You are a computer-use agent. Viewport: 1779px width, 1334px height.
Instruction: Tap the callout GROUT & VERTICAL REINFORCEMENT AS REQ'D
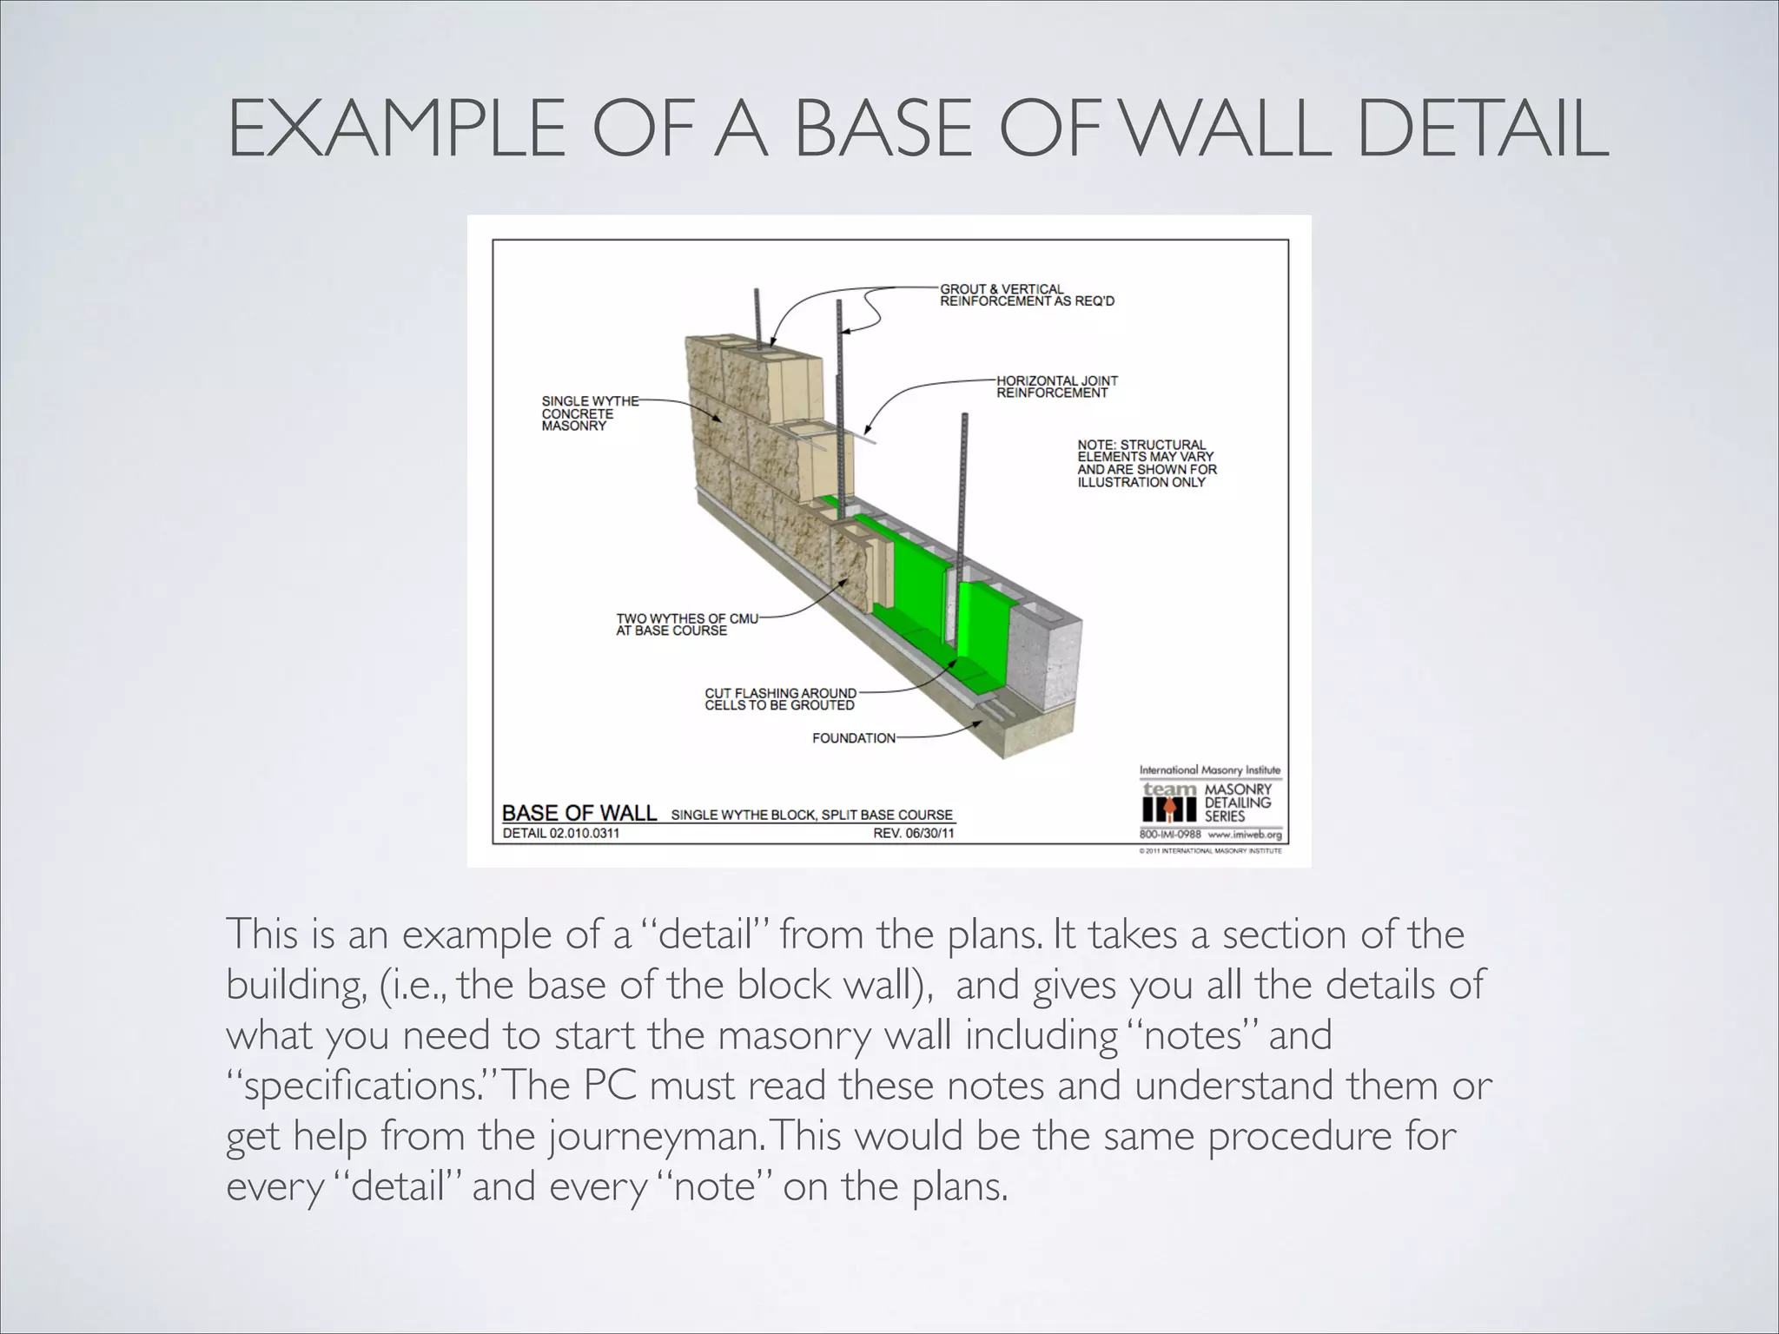point(1026,295)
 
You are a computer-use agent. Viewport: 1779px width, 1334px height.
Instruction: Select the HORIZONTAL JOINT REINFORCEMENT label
point(1056,386)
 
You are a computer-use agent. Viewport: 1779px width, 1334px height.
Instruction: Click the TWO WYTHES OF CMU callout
point(686,624)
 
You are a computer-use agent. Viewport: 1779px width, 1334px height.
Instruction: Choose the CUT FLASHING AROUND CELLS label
point(779,699)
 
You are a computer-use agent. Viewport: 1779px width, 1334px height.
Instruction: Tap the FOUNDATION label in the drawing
point(853,738)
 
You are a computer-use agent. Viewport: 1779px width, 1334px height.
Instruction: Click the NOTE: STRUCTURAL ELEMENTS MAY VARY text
point(1147,463)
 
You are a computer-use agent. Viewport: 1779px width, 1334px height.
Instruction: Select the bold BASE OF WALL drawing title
point(579,813)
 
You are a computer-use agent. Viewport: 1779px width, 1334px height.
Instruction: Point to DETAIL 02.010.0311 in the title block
point(561,834)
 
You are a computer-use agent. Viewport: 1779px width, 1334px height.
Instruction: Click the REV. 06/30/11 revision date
point(913,834)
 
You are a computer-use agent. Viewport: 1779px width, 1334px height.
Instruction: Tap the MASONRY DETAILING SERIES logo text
point(1237,802)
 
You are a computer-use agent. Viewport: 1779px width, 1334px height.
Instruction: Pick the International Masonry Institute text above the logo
point(1209,770)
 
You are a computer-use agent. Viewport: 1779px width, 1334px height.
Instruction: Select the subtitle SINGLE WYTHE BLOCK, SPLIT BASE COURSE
point(811,815)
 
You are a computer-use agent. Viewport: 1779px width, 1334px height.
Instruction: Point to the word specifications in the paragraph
point(357,1086)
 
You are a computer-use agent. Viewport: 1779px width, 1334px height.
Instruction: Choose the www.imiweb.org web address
point(1244,835)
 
